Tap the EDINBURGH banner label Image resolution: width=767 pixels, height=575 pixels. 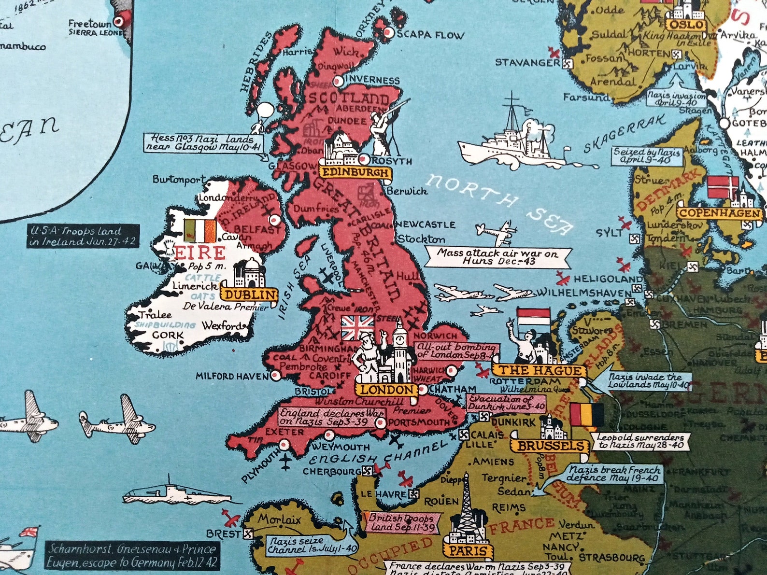point(355,172)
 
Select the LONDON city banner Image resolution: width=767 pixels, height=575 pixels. point(387,390)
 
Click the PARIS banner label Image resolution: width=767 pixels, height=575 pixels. point(467,550)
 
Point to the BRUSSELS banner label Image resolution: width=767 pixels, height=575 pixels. point(551,446)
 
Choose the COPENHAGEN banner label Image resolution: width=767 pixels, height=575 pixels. point(720,213)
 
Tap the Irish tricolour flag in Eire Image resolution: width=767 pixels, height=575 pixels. point(199,231)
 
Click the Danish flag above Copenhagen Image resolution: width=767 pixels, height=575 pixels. point(723,187)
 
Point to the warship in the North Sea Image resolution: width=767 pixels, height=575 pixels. point(512,140)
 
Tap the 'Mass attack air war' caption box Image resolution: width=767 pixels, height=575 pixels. point(497,257)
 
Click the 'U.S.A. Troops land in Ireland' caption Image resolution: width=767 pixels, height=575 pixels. point(83,236)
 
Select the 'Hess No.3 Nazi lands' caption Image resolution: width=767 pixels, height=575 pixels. point(205,142)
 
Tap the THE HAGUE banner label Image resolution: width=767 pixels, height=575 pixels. point(540,371)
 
